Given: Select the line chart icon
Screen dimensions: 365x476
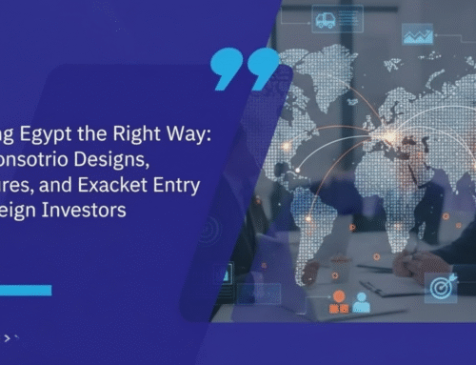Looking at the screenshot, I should (x=418, y=35).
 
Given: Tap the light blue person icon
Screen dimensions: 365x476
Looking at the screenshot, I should (x=361, y=302).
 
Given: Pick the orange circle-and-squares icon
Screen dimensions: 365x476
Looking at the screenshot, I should (x=338, y=302).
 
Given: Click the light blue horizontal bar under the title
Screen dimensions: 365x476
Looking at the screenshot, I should (x=25, y=290).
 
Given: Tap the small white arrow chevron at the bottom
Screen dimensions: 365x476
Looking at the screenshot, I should (x=9, y=337).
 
